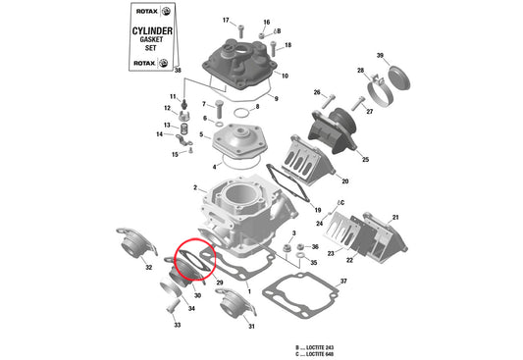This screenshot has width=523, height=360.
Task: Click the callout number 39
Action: pos(380,56)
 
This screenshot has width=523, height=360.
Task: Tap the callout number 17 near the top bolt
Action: pos(225,21)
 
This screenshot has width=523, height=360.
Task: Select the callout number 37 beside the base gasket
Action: pos(343,282)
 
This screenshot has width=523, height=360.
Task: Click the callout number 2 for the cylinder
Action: pos(195,188)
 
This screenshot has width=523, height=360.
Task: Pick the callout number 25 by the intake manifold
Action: pos(365,160)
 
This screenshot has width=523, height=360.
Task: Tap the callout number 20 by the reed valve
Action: pos(344,180)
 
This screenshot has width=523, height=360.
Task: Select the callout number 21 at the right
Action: pos(395,217)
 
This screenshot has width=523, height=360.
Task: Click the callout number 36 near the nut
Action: pos(315,247)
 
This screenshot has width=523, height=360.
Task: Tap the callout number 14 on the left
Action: pos(159,134)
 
